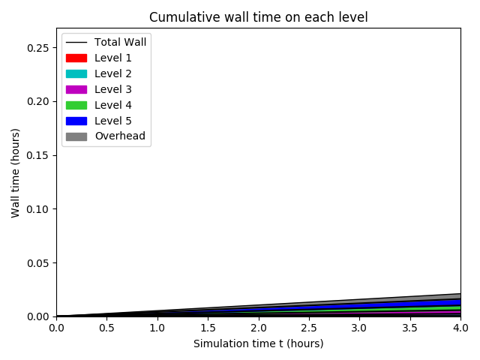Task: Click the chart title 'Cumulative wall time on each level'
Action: pos(258,17)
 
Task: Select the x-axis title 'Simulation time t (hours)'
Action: pos(258,344)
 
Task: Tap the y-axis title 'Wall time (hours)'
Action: pos(16,172)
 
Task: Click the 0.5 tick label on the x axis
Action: pos(106,328)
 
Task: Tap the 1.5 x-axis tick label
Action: pos(208,328)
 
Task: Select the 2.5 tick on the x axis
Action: pos(309,328)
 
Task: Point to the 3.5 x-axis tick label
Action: pos(410,328)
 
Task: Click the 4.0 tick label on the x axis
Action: pos(460,328)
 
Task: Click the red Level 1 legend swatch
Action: pos(76,58)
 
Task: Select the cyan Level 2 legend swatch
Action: pos(76,73)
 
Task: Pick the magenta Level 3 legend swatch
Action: pos(76,89)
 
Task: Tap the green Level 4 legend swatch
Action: pos(76,105)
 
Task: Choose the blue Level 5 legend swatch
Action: pos(76,121)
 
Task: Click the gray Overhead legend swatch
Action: pos(76,136)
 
